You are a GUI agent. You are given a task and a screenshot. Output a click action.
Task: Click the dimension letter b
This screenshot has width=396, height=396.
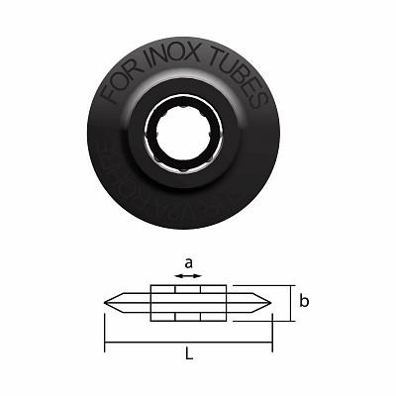tap(307, 299)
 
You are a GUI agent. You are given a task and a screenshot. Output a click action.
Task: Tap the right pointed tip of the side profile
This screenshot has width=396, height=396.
tap(271, 301)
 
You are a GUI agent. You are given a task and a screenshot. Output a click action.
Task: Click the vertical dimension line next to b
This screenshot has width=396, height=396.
tap(293, 301)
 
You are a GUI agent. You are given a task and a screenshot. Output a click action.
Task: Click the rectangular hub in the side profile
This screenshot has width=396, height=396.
tap(188, 301)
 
